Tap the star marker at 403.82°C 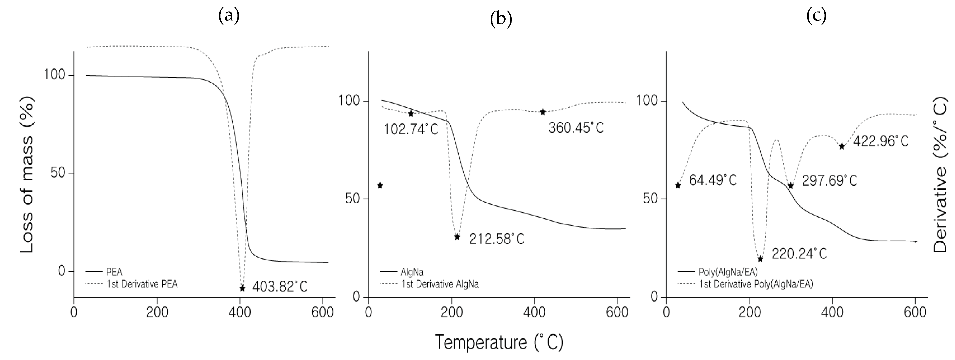[242, 288]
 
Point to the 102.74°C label [411, 129]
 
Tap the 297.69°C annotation [829, 181]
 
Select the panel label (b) [501, 19]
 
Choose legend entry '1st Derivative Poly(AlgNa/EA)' [755, 284]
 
